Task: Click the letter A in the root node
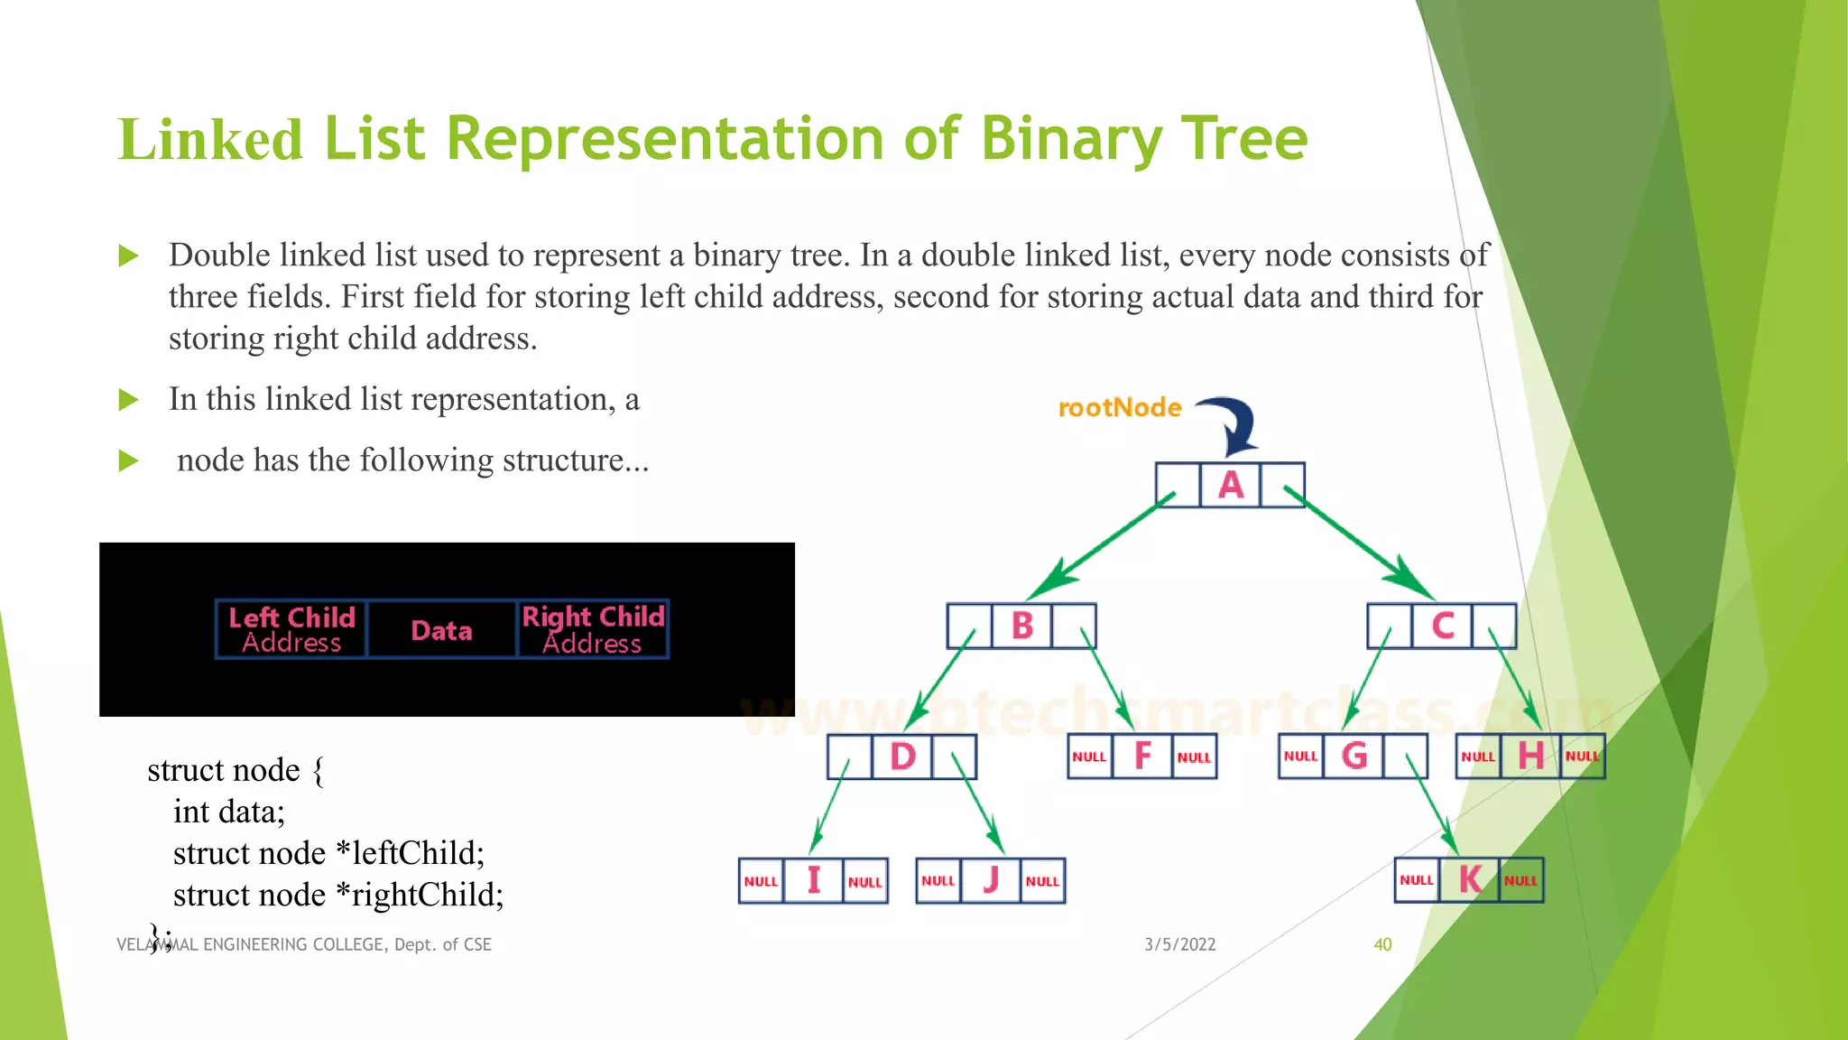1231,486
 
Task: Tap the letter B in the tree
1021,626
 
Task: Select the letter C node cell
1443,626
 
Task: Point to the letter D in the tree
902,757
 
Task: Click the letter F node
1142,757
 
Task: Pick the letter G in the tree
1354,756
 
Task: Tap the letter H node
1530,756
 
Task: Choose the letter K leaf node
1470,880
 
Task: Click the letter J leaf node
991,880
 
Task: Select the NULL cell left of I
761,881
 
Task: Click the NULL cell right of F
1194,757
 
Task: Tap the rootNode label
1120,408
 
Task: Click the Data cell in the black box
441,630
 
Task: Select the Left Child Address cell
291,629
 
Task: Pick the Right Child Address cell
593,629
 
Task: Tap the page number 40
1382,944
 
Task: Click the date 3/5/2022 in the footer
1180,944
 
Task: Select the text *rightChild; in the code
420,895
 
